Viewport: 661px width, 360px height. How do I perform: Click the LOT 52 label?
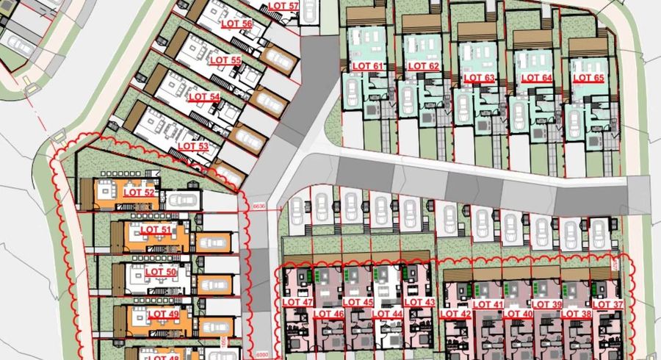click(x=140, y=192)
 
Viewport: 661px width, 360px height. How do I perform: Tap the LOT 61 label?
click(x=368, y=67)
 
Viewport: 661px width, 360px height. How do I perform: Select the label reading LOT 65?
click(x=588, y=77)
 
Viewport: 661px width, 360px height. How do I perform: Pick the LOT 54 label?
click(x=204, y=96)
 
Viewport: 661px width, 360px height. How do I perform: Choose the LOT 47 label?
click(x=297, y=303)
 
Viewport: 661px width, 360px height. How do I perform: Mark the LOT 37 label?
click(x=607, y=304)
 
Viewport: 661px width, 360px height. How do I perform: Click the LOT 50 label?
click(x=161, y=272)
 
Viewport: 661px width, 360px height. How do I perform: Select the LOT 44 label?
click(x=387, y=314)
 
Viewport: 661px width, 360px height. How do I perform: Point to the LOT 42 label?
click(x=455, y=314)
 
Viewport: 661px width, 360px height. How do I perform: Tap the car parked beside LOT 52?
click(x=184, y=200)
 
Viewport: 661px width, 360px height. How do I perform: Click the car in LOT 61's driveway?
click(x=353, y=93)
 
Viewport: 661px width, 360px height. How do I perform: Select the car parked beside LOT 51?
click(x=211, y=242)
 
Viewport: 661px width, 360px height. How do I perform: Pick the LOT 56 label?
click(x=236, y=24)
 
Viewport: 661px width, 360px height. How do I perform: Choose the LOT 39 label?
click(x=547, y=304)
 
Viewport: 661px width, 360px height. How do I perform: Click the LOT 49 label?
click(x=163, y=314)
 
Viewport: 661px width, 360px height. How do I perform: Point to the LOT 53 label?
click(x=193, y=145)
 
